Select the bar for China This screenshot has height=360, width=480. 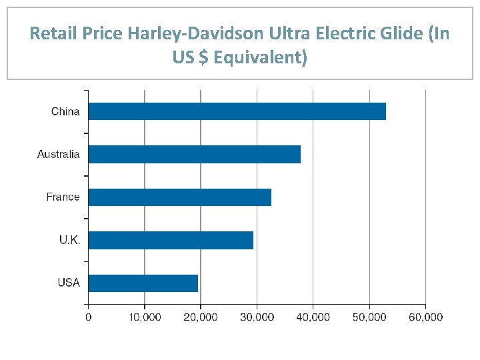pos(237,111)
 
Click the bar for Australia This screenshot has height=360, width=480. pos(194,154)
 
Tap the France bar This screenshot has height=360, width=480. pos(179,197)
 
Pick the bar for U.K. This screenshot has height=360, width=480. pos(171,240)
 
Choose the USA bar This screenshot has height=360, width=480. pos(143,283)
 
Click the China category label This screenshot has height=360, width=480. pos(65,111)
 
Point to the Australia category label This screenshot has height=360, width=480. pos(58,154)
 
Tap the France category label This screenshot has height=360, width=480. pos(63,197)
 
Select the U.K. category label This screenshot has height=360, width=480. pos(69,240)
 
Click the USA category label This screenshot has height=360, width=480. pos(68,283)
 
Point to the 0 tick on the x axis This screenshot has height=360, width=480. pos(88,317)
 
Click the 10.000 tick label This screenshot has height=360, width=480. pos(144,317)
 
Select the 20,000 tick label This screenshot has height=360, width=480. pos(200,317)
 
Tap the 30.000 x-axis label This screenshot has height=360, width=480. pos(257,317)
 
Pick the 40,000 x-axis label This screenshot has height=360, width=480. pos(313,317)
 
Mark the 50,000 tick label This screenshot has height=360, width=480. pos(369,317)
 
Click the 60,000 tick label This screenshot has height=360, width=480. pos(425,317)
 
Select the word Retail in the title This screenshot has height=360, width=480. pos(52,33)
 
